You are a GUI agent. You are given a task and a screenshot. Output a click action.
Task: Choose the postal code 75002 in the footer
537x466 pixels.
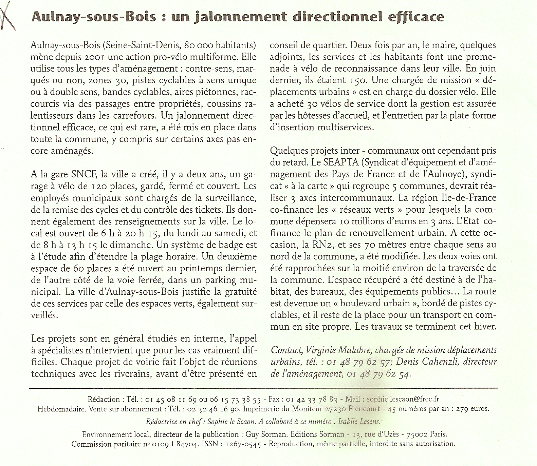[415, 434]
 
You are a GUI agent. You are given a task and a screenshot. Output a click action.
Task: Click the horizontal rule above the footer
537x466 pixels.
[263, 388]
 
